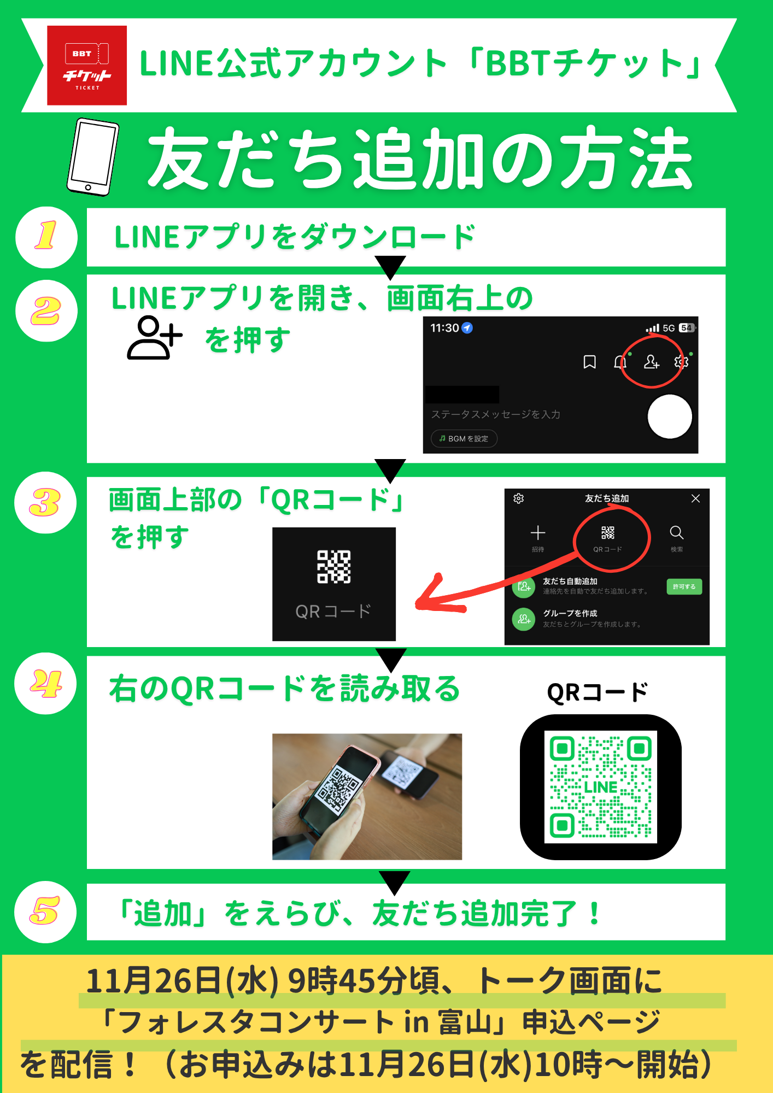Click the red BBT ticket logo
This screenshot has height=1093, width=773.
tap(87, 66)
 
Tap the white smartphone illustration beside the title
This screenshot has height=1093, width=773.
tap(93, 157)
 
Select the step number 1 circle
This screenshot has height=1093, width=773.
tap(46, 237)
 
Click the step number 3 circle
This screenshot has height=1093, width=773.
tap(45, 502)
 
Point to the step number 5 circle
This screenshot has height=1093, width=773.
tap(45, 912)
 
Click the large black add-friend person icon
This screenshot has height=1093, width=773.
tap(155, 338)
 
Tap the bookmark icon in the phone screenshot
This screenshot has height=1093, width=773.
tap(589, 362)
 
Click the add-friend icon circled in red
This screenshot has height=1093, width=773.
tap(652, 362)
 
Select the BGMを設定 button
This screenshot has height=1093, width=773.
tap(464, 438)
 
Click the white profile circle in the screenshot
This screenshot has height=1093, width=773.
tap(670, 416)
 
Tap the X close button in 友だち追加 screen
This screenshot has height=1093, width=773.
tap(695, 498)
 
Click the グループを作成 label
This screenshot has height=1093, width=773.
tap(570, 613)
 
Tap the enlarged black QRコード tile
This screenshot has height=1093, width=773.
tap(334, 584)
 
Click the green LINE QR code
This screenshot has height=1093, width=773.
tap(601, 787)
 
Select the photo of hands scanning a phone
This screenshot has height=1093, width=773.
tap(367, 797)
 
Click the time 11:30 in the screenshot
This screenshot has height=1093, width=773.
tap(444, 328)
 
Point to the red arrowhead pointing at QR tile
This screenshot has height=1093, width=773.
tap(432, 596)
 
